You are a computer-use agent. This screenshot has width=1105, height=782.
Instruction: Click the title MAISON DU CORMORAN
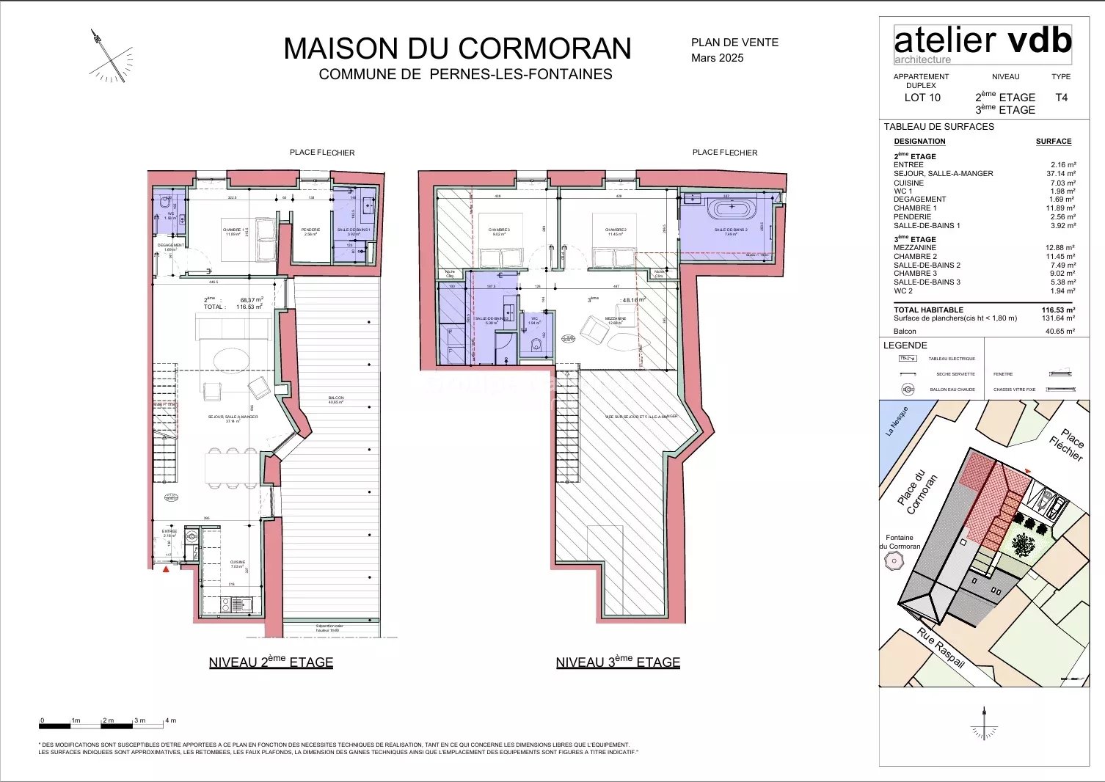(x=457, y=48)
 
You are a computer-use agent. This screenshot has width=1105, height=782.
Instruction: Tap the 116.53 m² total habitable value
(x=1058, y=310)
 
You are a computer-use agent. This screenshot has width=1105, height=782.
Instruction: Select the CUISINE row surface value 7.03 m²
(x=1062, y=183)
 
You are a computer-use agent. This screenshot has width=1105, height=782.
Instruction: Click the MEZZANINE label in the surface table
(x=914, y=248)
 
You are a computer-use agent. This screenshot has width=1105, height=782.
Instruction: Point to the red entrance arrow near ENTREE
(x=167, y=569)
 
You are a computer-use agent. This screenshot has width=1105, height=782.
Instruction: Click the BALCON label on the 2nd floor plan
(x=336, y=398)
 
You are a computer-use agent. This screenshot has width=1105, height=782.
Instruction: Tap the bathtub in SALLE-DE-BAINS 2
(x=731, y=208)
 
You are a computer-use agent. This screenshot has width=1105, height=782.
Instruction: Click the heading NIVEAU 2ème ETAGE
(x=271, y=662)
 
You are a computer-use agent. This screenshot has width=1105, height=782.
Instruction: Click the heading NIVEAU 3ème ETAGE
(x=618, y=662)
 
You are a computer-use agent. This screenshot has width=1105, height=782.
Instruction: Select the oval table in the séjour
(x=230, y=359)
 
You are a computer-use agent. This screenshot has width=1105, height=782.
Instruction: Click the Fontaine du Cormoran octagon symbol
(x=894, y=562)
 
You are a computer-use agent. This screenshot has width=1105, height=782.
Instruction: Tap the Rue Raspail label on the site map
(x=941, y=648)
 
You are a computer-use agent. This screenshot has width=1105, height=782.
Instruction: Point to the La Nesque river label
(x=897, y=422)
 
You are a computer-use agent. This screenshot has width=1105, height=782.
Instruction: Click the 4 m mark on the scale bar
(x=170, y=720)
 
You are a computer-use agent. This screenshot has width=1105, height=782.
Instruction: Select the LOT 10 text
(x=922, y=98)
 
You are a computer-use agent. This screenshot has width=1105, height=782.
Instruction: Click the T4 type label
(x=1061, y=98)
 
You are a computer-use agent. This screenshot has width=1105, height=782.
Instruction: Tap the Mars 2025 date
(x=717, y=58)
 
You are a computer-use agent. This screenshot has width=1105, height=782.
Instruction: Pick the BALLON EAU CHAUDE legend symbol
(x=908, y=390)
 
